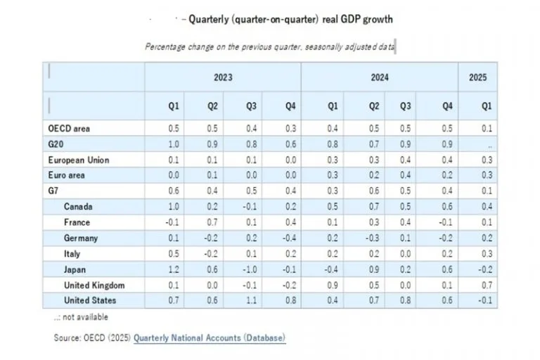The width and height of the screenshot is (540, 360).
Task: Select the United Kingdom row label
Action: (x=95, y=285)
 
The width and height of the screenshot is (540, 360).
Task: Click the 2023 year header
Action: (x=223, y=77)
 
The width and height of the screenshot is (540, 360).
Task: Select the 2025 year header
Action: (x=477, y=77)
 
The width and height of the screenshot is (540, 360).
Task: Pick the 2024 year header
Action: (x=380, y=77)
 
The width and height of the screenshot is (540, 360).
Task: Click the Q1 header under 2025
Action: (x=484, y=106)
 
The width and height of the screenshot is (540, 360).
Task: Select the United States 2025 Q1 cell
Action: (x=484, y=301)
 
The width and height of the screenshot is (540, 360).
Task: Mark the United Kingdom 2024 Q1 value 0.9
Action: (x=333, y=285)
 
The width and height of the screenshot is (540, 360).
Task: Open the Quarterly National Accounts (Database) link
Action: (x=210, y=338)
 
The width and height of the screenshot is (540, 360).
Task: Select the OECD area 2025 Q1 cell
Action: (x=486, y=129)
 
